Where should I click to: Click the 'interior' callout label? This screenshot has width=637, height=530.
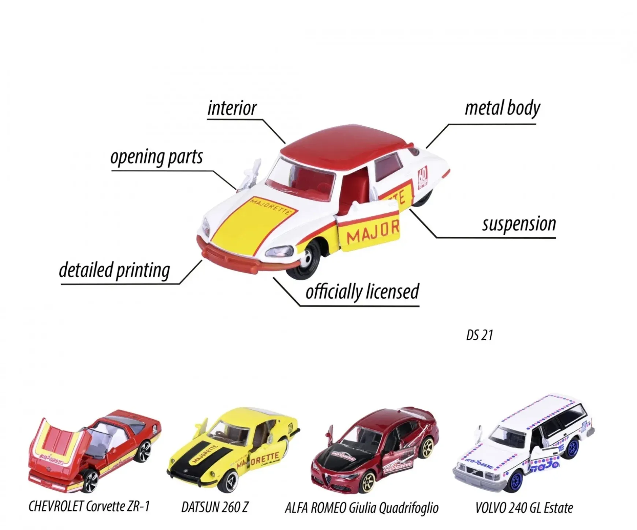(232, 108)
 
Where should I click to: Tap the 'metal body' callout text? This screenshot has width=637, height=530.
(502, 108)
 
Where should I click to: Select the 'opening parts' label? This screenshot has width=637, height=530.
(156, 157)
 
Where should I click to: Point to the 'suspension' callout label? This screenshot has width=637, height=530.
(519, 224)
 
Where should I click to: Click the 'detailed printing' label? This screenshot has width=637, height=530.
(114, 270)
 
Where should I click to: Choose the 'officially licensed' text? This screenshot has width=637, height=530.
(362, 292)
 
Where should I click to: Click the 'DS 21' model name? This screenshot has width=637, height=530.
(480, 335)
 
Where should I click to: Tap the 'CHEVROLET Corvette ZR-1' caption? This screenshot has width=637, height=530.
(89, 506)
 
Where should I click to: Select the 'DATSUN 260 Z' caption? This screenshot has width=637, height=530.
(215, 507)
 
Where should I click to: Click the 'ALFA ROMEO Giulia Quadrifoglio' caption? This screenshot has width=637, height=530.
(362, 508)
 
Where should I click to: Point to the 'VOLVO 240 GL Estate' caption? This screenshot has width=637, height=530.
(524, 508)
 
